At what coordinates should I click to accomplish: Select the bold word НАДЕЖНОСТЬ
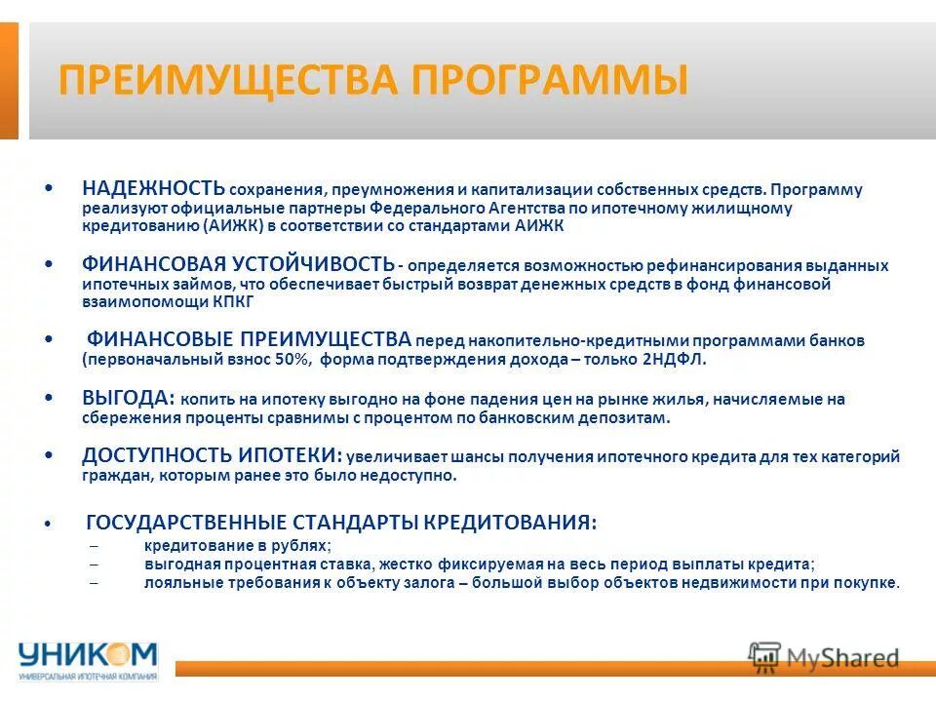point(153,188)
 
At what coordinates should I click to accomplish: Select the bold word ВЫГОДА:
point(128,398)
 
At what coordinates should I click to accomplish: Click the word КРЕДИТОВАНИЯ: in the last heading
point(507,523)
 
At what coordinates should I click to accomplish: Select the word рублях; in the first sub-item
point(302,546)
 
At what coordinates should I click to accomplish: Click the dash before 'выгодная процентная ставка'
point(94,565)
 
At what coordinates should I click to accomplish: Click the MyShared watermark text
point(842,659)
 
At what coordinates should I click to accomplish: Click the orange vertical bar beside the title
point(9,80)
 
